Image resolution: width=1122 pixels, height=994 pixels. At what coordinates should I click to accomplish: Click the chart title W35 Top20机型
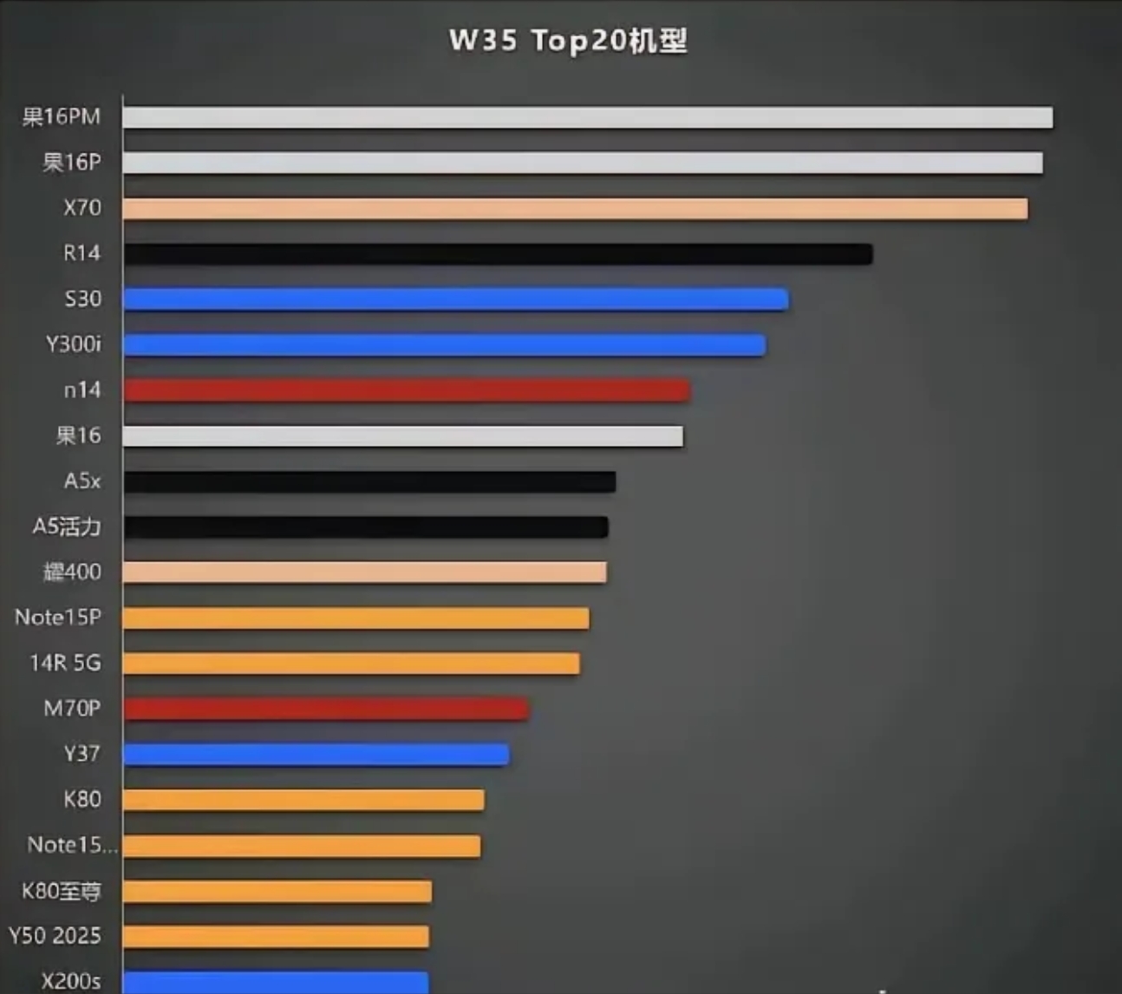(568, 41)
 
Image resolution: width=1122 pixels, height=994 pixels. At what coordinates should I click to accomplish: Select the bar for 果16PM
(588, 117)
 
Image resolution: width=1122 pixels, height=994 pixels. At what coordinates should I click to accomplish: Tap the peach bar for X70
(575, 208)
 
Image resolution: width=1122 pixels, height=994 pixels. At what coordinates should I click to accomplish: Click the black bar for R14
(498, 253)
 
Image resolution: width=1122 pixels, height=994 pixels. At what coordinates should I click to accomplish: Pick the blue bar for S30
(455, 299)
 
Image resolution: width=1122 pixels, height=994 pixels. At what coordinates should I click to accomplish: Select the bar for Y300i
(444, 345)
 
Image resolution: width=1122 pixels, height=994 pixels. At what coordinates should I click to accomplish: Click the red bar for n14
(407, 390)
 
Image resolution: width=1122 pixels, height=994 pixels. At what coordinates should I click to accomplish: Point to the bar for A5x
(369, 481)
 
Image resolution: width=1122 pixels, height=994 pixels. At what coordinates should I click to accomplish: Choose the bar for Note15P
(356, 618)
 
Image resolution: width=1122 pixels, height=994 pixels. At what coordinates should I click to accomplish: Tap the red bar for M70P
(326, 709)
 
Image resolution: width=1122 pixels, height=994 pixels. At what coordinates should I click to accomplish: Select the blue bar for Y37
(316, 755)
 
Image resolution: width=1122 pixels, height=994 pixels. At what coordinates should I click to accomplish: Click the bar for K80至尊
(277, 891)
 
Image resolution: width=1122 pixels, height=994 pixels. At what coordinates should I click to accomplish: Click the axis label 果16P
(72, 162)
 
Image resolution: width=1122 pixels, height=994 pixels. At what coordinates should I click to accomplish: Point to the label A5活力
(67, 526)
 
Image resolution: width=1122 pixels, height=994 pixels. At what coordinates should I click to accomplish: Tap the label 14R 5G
(65, 663)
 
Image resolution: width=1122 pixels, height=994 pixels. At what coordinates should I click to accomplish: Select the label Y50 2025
(55, 936)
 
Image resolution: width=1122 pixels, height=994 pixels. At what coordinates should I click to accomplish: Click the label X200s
(71, 981)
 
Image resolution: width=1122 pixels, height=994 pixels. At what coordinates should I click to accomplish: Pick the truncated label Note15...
(72, 845)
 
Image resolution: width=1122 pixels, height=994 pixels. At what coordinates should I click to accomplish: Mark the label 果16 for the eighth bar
(78, 435)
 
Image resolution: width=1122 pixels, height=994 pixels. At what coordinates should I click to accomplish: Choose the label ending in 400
(72, 572)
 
